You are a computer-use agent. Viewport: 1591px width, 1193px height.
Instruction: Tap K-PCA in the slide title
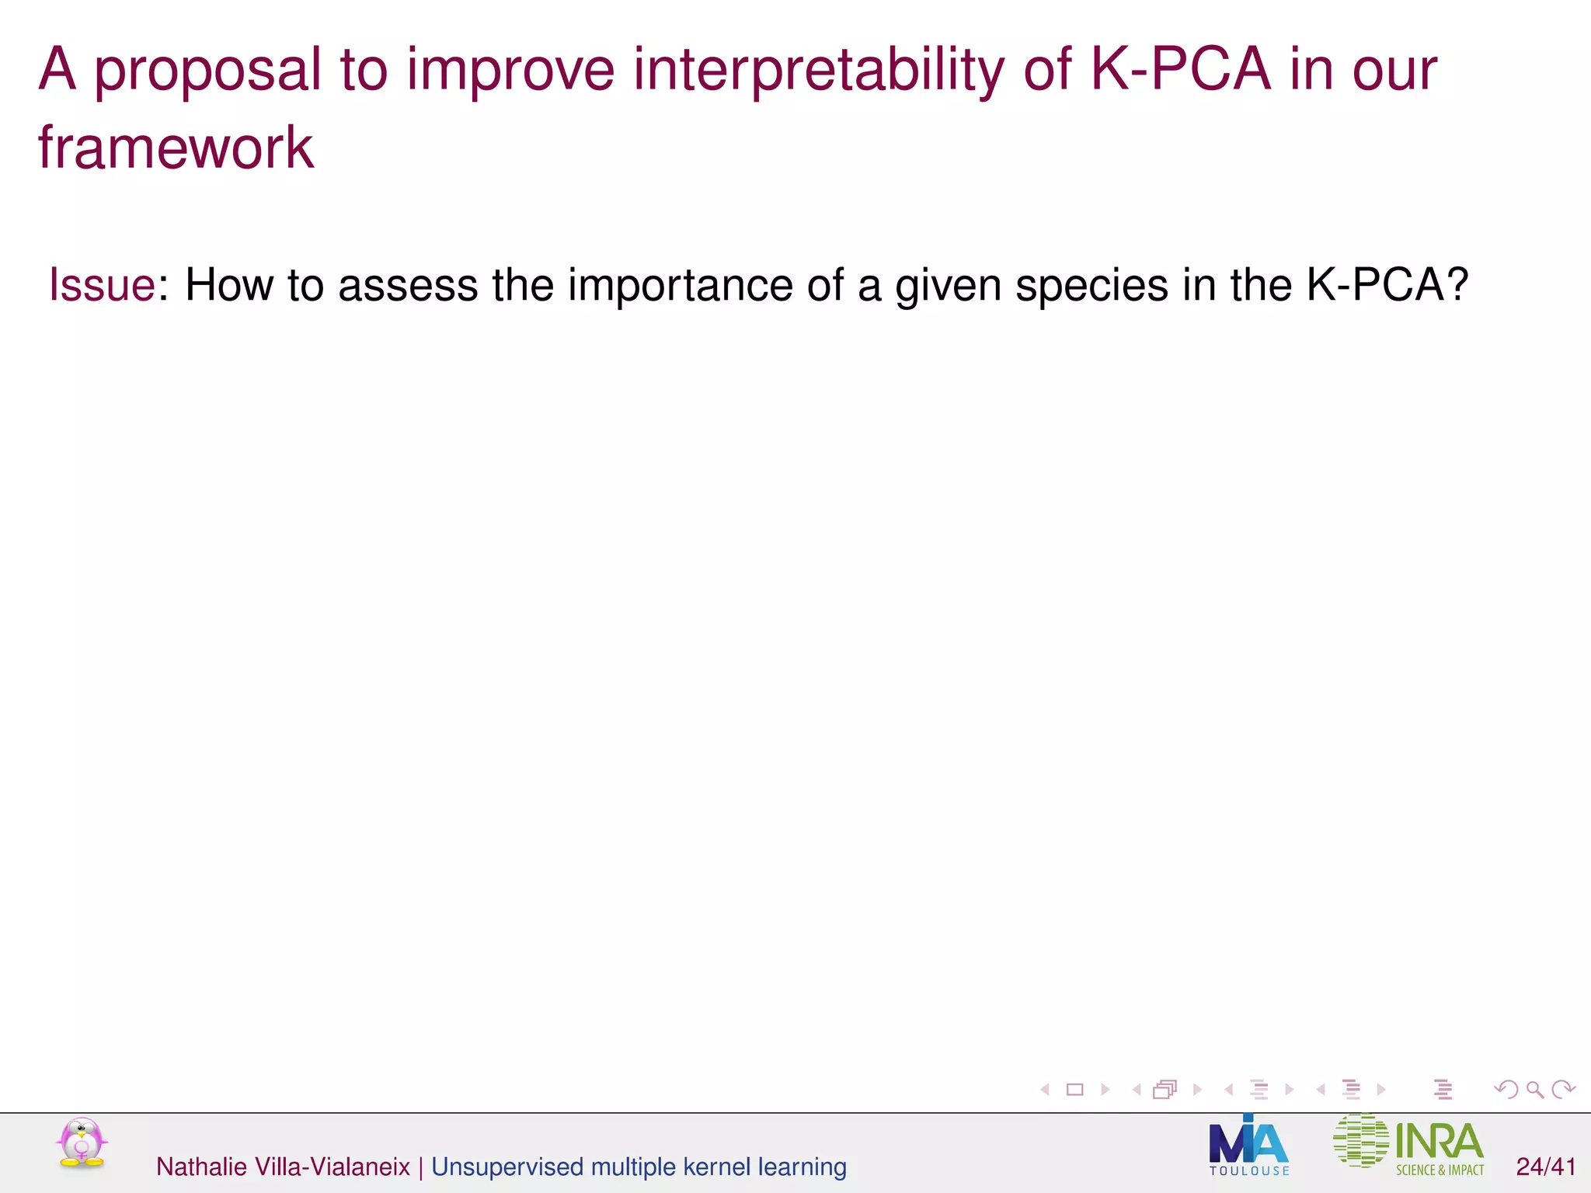click(x=1180, y=70)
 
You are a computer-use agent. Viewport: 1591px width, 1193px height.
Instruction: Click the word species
click(x=1091, y=286)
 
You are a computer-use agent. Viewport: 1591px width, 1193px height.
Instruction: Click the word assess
click(x=407, y=286)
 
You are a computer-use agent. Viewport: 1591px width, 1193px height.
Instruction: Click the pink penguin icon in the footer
click(x=82, y=1143)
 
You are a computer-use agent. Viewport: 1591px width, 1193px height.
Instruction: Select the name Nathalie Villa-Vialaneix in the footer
click(x=283, y=1167)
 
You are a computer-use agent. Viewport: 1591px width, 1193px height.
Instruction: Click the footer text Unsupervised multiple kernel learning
click(x=639, y=1167)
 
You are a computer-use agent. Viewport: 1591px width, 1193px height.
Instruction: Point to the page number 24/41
click(x=1546, y=1167)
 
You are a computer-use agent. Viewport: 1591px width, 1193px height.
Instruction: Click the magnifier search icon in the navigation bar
click(x=1534, y=1090)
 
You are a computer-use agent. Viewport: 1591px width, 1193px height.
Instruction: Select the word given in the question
click(x=948, y=286)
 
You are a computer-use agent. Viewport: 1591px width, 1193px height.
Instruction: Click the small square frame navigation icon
click(x=1075, y=1090)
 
